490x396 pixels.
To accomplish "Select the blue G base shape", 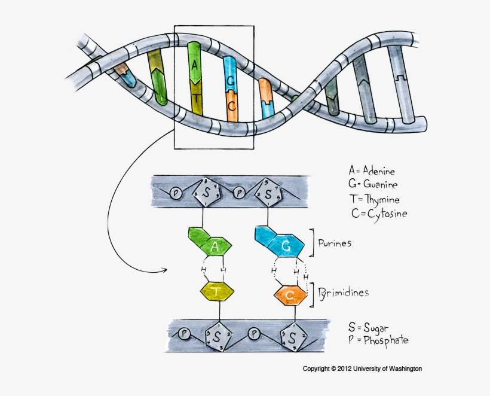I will click(x=286, y=246).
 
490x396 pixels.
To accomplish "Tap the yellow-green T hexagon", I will click(x=216, y=291).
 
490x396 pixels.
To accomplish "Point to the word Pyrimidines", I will click(x=343, y=293).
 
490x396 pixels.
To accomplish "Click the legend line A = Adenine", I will click(x=372, y=171).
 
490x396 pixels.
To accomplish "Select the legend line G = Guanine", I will click(x=373, y=185).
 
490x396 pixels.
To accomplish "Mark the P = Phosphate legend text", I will click(x=378, y=340).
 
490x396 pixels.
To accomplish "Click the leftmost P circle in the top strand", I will click(x=176, y=193).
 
